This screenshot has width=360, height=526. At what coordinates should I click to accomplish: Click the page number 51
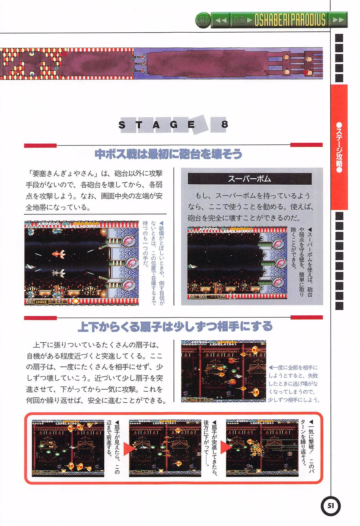(x=330, y=506)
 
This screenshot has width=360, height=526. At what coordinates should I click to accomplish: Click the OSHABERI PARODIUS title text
(x=290, y=20)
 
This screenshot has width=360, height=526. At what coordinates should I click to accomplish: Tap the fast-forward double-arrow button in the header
(x=338, y=20)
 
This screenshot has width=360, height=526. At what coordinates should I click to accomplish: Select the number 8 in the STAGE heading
(x=224, y=124)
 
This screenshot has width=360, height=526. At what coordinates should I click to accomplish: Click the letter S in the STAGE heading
(x=122, y=125)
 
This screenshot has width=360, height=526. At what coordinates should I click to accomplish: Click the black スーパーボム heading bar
(x=249, y=179)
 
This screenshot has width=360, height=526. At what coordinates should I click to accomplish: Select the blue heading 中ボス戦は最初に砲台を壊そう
(x=168, y=154)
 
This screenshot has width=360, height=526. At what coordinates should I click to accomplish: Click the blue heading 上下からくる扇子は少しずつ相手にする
(x=175, y=326)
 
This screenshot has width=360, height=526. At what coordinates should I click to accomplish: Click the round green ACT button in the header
(x=203, y=20)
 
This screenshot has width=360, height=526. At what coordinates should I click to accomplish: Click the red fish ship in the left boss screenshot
(x=59, y=254)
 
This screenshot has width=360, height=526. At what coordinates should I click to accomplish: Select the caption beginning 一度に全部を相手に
(x=293, y=383)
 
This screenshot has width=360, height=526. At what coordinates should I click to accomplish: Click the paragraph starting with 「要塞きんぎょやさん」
(x=94, y=190)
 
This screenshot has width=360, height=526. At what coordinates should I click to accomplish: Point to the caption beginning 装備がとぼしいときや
(x=153, y=263)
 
